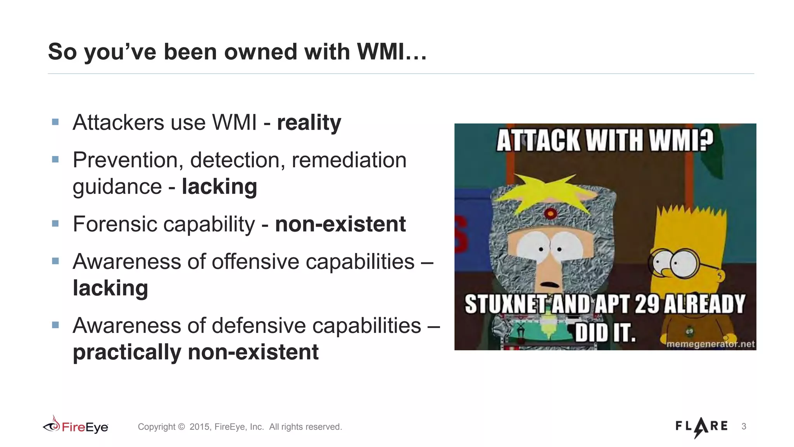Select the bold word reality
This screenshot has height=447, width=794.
pos(309,123)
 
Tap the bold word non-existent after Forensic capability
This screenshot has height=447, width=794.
pos(340,224)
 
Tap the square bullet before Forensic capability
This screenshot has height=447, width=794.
pos(55,223)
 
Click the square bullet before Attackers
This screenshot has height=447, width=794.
pos(55,122)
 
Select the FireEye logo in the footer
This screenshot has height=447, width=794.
pos(76,426)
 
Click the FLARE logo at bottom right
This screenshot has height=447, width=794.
pos(701,426)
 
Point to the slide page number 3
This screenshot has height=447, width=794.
pos(744,426)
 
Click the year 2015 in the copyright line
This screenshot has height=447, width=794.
pos(199,427)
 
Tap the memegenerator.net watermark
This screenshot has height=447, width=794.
pos(710,344)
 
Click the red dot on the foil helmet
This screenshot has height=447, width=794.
pos(550,213)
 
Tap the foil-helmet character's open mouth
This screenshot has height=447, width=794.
pos(549,284)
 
